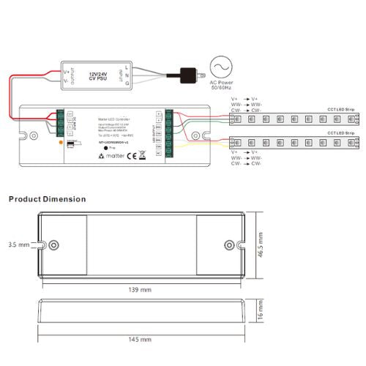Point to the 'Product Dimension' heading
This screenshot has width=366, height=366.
pyautogui.click(x=47, y=199)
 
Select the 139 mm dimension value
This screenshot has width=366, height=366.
pyautogui.click(x=140, y=291)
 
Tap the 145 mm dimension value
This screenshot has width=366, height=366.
pyautogui.click(x=140, y=340)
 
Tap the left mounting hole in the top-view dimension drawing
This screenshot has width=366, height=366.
pyautogui.click(x=53, y=245)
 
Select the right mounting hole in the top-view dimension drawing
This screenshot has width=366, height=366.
pyautogui.click(x=229, y=245)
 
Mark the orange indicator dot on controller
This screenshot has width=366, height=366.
pyautogui.click(x=60, y=142)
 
